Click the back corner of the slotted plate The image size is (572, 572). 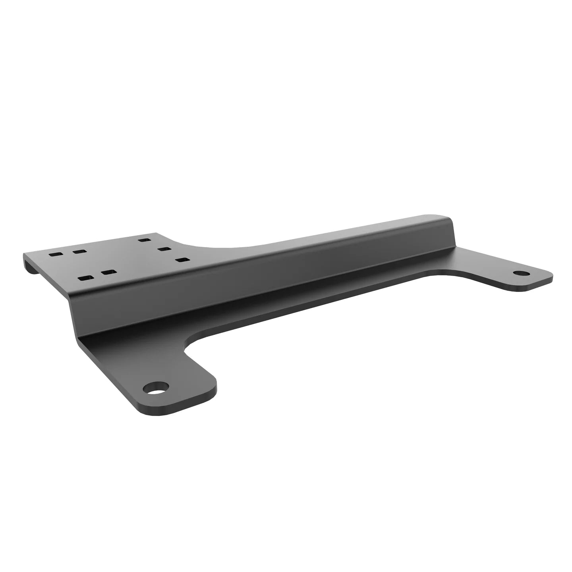(x=157, y=233)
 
